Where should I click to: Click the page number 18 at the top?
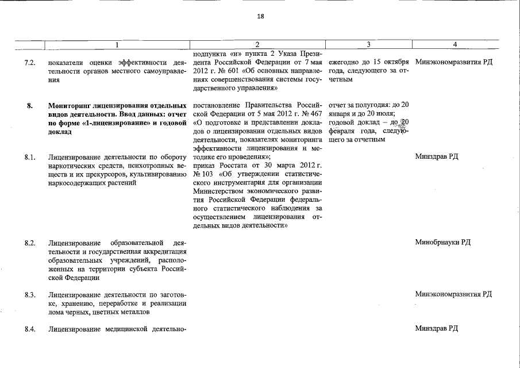coord(260,17)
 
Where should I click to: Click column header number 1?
coord(117,44)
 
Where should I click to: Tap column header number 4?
coord(454,44)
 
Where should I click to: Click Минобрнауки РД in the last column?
coord(442,242)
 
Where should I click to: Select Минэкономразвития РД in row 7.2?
coord(453,62)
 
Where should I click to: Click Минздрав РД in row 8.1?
coord(436,156)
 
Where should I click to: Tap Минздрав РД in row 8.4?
coord(436,328)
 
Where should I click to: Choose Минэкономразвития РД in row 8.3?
coord(453,294)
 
